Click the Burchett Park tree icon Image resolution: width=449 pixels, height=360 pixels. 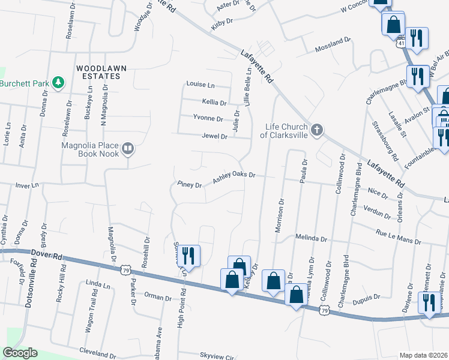(58, 83)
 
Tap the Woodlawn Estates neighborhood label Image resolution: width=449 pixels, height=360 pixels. (101, 68)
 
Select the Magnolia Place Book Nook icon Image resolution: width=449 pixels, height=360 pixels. (127, 148)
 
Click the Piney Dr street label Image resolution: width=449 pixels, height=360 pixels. (190, 184)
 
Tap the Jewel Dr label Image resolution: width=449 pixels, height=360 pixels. (215, 136)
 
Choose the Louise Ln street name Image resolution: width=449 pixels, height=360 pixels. (200, 85)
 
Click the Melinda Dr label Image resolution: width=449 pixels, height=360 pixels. (311, 238)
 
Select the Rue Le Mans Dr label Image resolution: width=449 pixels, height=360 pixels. (398, 240)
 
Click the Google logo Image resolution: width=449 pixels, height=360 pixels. (19, 353)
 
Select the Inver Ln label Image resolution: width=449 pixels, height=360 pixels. (26, 185)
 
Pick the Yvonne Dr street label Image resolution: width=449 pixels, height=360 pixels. (208, 118)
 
